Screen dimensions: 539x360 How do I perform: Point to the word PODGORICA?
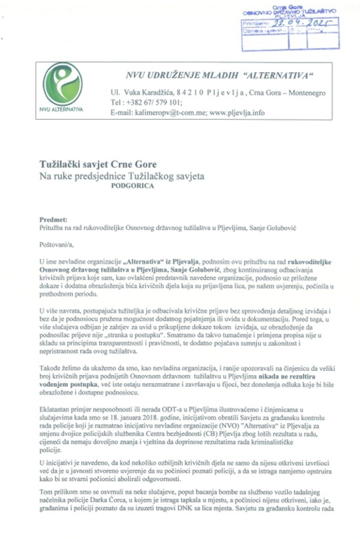(x=132, y=186)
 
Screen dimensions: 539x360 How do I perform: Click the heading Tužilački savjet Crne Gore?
(x=98, y=165)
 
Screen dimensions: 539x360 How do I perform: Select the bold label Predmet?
(x=53, y=219)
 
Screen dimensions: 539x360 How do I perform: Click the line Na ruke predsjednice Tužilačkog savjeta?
(x=122, y=176)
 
